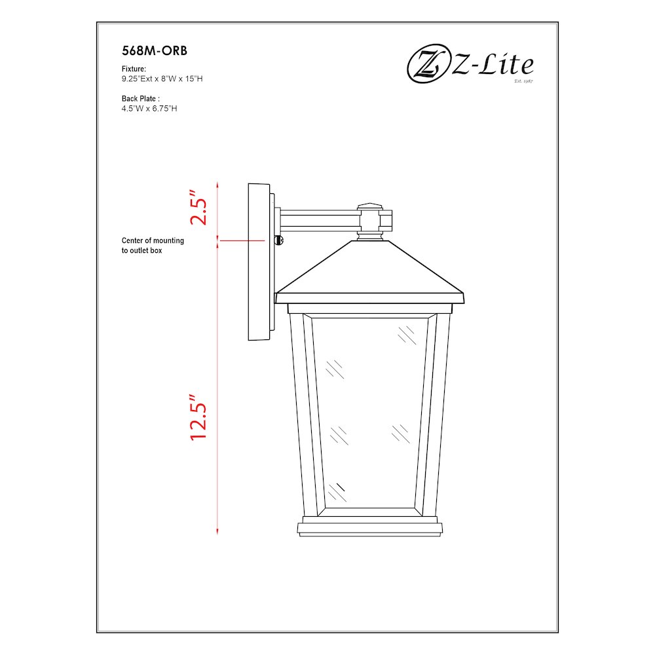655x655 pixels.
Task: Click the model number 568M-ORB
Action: pyautogui.click(x=150, y=50)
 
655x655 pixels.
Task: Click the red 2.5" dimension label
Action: pyautogui.click(x=198, y=208)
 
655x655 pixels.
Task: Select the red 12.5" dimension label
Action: pyautogui.click(x=198, y=417)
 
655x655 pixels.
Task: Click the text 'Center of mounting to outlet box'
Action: pyautogui.click(x=153, y=246)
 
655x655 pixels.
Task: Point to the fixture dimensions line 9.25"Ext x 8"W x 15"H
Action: pyautogui.click(x=166, y=79)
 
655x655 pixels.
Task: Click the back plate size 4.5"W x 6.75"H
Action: pyautogui.click(x=149, y=108)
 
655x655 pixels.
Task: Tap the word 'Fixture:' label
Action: pyautogui.click(x=134, y=69)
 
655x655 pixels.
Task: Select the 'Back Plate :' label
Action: pyautogui.click(x=141, y=98)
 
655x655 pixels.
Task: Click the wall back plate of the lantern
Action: pyautogui.click(x=259, y=262)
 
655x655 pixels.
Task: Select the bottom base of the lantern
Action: pyautogui.click(x=370, y=529)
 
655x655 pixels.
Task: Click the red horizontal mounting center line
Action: pyautogui.click(x=246, y=241)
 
